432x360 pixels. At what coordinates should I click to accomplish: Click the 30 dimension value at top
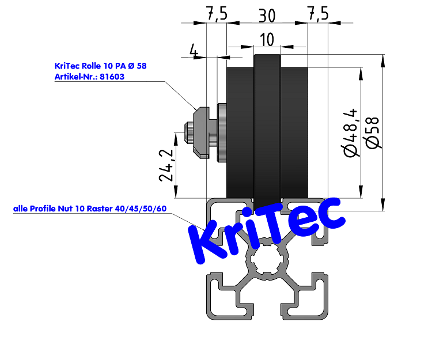267,14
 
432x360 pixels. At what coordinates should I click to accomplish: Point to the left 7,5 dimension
215,14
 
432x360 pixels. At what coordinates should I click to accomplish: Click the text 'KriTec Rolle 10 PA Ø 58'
100,66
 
